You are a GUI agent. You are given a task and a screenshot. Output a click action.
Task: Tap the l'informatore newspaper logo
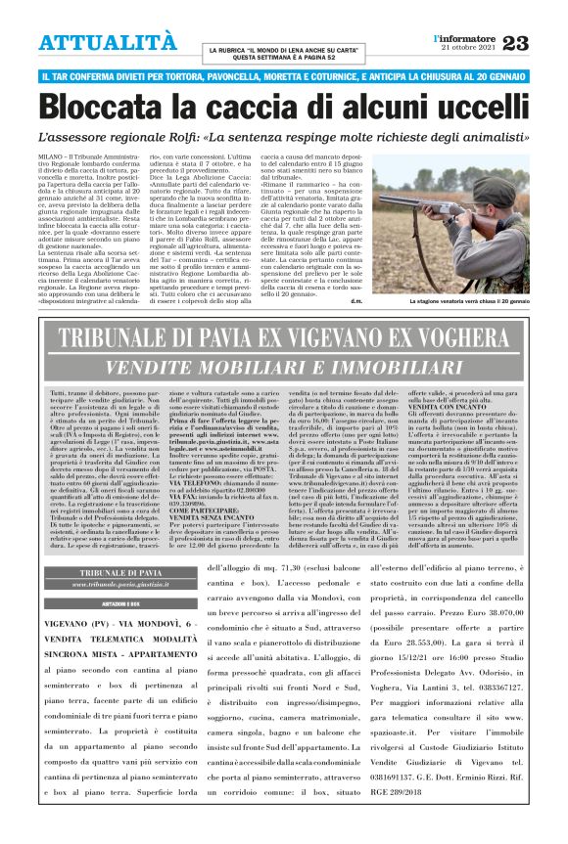coord(463,37)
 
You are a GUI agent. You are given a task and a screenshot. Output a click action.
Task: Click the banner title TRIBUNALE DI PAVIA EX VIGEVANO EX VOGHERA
coord(284,338)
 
